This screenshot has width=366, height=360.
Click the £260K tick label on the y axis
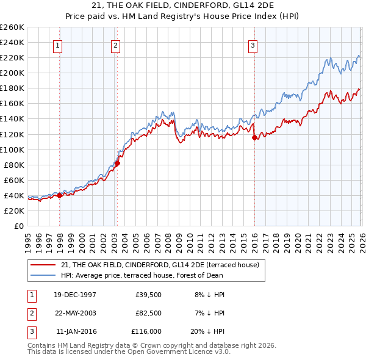12,27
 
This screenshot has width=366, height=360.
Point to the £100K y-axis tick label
12,149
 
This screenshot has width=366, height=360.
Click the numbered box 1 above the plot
57,45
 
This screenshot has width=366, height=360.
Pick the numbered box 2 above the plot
115,45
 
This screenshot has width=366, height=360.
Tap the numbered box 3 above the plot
253,45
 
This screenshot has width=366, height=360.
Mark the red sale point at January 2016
254,137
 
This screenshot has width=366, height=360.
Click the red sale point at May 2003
118,163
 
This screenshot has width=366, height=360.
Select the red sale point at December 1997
60,195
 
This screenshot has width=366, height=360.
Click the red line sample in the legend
43,265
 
